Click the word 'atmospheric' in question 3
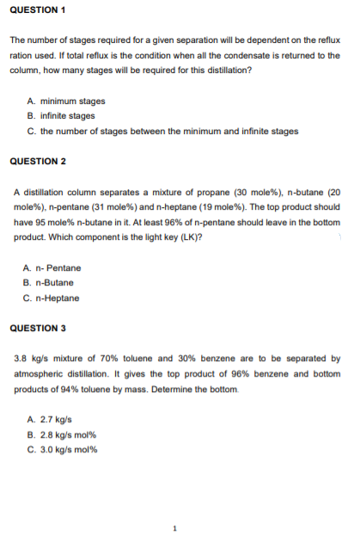point(37,374)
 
